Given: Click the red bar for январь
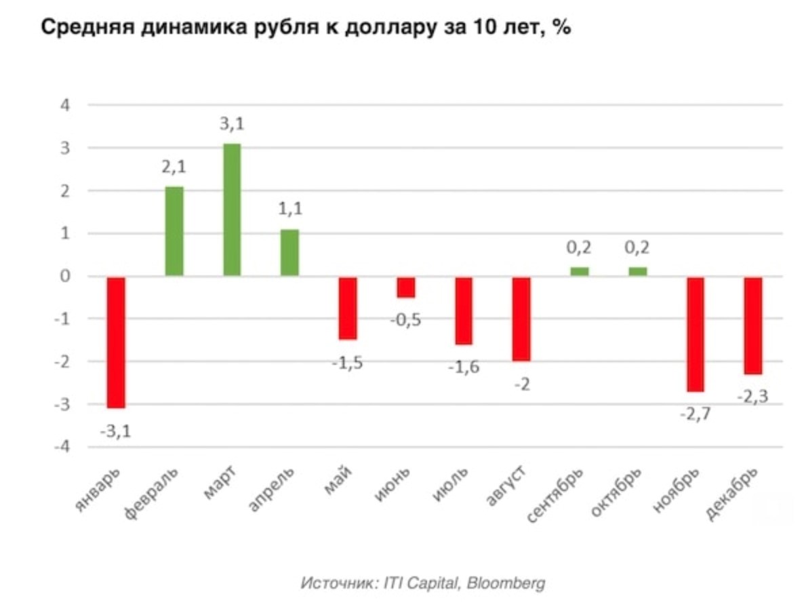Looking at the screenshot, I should click(x=116, y=342).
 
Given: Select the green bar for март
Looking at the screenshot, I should click(x=232, y=210).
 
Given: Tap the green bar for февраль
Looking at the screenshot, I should click(x=174, y=231).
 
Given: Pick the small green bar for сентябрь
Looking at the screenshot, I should click(x=580, y=271).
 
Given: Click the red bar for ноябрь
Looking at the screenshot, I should click(x=696, y=334).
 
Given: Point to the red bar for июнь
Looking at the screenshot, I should click(x=406, y=287).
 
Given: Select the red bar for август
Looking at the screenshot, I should click(x=521, y=319).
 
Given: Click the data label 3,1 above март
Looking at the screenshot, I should click(x=232, y=124).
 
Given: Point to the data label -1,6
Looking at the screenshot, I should click(x=464, y=367).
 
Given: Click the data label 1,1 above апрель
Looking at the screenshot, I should click(x=289, y=210).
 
